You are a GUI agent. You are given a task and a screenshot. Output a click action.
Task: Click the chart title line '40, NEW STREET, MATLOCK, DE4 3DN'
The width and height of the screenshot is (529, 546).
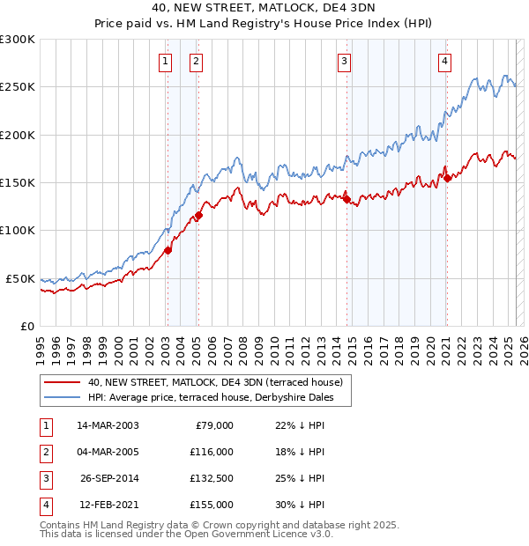click(264, 11)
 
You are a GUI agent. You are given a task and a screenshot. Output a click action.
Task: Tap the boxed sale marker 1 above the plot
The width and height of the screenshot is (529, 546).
click(166, 61)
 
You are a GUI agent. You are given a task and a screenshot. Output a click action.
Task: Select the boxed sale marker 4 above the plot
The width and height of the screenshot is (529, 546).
click(445, 61)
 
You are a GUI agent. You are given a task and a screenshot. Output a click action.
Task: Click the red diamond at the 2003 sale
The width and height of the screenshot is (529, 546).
click(168, 250)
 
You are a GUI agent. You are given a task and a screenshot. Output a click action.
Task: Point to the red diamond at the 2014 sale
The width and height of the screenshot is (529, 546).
click(346, 198)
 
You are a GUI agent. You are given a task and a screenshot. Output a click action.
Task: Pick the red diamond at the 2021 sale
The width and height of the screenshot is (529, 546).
click(447, 178)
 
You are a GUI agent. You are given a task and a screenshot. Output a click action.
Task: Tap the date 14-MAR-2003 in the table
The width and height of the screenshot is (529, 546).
click(108, 425)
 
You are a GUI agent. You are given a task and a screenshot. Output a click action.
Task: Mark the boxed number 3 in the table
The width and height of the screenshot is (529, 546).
click(45, 478)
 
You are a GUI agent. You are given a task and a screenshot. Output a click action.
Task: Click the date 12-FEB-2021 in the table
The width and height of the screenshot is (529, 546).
click(108, 505)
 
